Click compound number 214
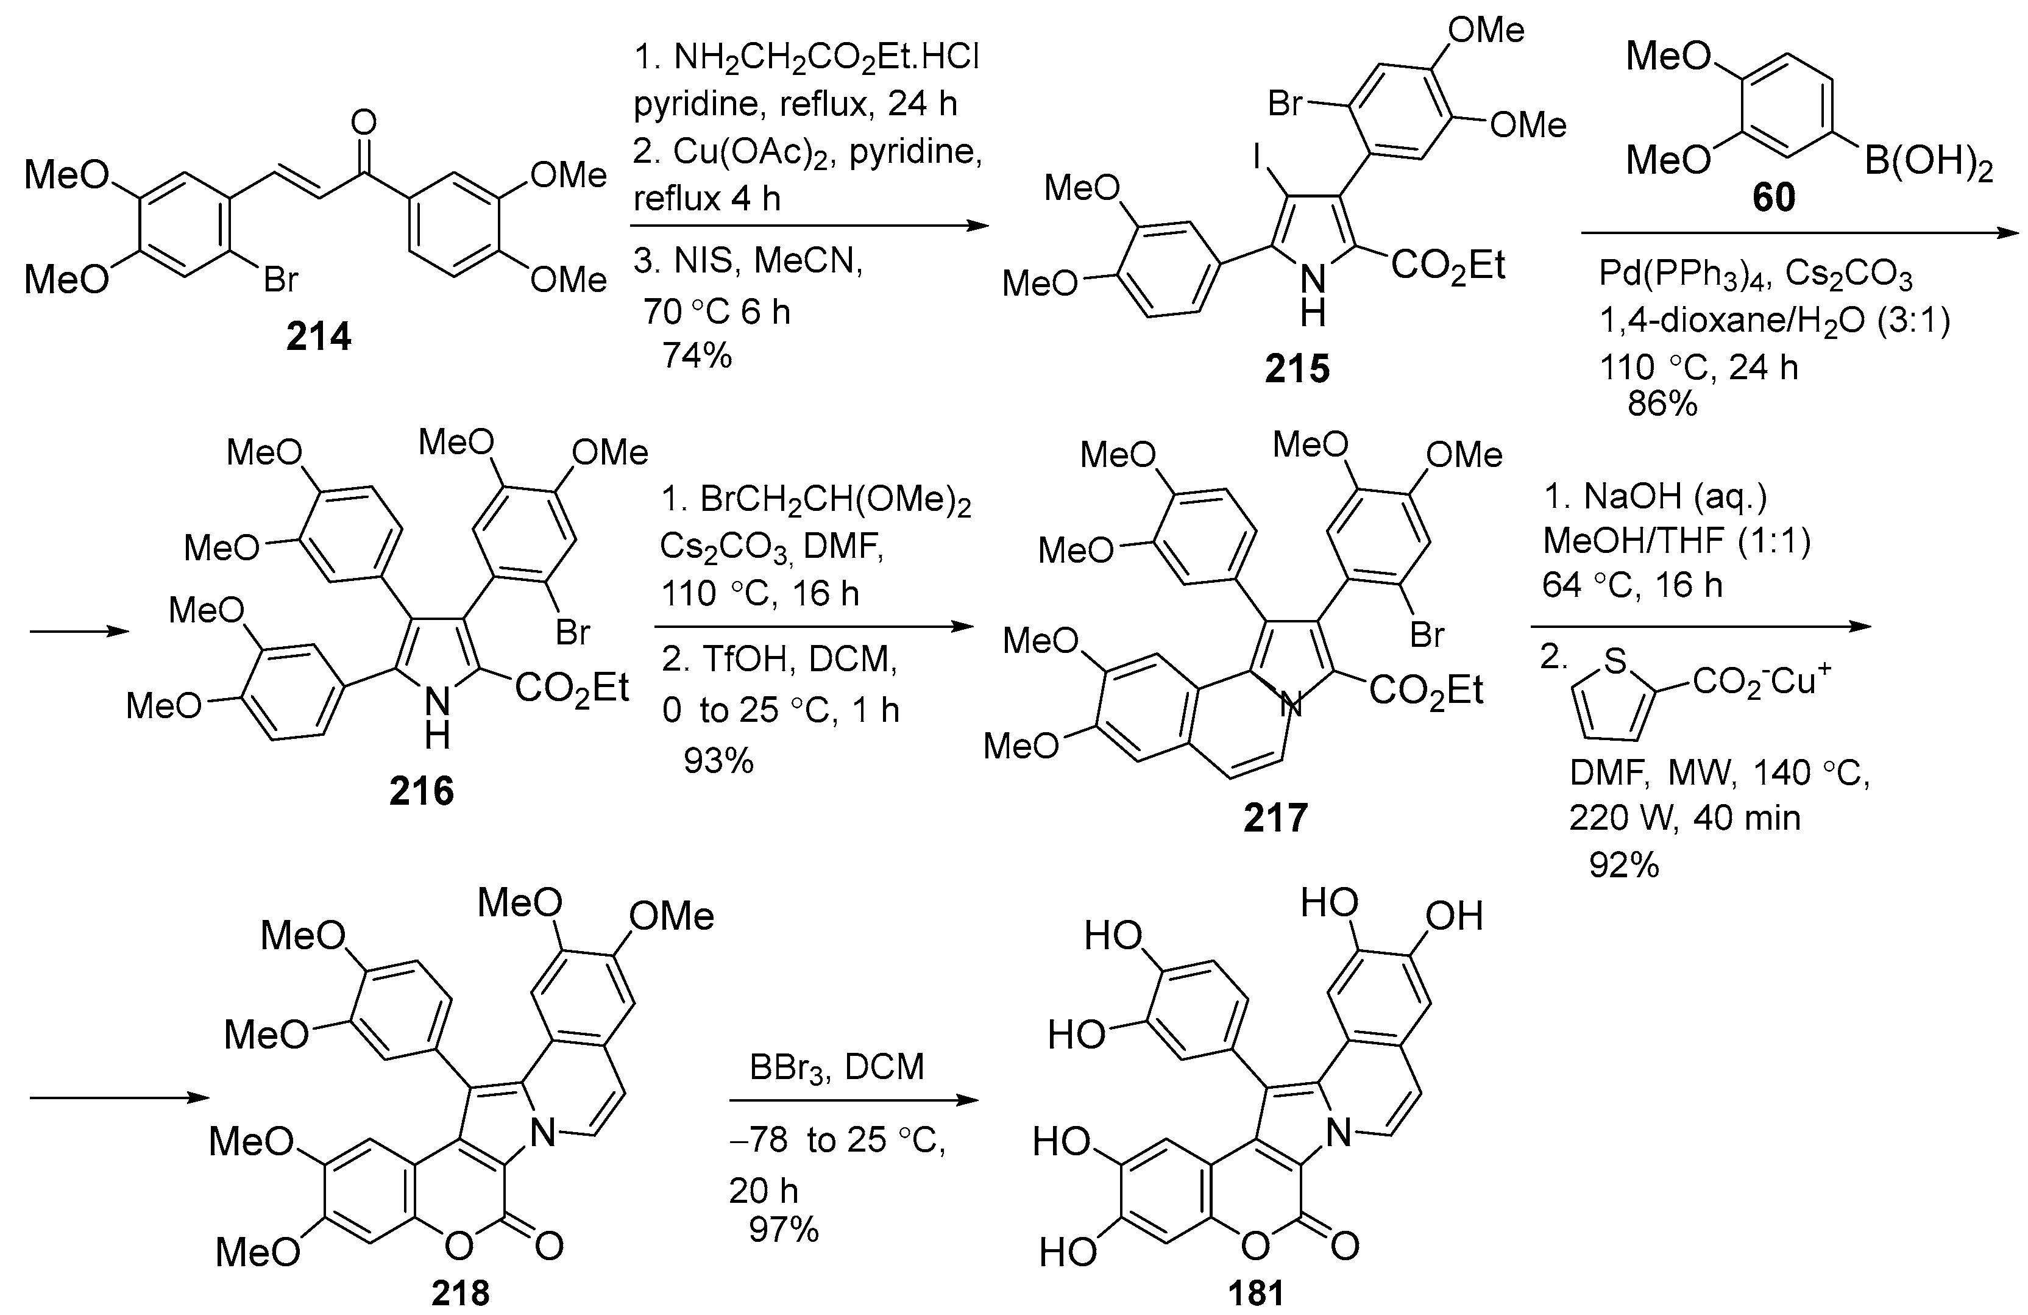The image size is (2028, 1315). (x=319, y=338)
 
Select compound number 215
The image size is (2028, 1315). (x=1297, y=368)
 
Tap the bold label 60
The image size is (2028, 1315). (x=1773, y=198)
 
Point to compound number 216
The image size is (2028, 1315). (x=422, y=792)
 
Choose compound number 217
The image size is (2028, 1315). (x=1275, y=818)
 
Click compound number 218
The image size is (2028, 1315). (x=460, y=1293)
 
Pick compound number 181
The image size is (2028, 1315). (x=1255, y=1293)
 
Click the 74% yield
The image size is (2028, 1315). (x=697, y=355)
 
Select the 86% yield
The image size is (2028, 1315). (x=1662, y=403)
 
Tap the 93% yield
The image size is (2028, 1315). (x=718, y=760)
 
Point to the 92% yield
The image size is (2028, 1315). (x=1624, y=865)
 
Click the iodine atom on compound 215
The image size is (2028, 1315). (x=1256, y=156)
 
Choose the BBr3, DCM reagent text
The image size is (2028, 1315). (x=837, y=1066)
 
